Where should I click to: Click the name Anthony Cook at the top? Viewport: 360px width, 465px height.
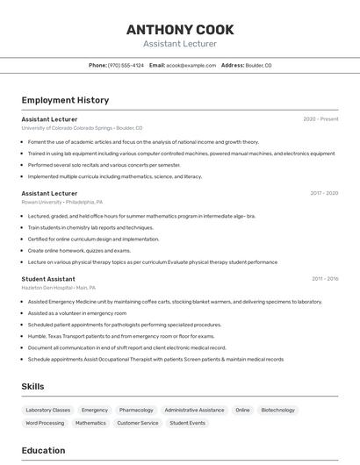(180, 29)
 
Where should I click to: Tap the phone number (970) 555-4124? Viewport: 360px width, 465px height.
(126, 65)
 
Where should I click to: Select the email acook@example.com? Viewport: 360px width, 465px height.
(191, 65)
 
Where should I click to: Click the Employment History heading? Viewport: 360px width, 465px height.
(65, 100)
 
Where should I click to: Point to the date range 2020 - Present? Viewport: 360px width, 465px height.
(320, 118)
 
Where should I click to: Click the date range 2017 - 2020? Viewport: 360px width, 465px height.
(323, 193)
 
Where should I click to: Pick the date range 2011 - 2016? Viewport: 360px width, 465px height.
(324, 279)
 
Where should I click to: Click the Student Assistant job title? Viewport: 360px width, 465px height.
(48, 279)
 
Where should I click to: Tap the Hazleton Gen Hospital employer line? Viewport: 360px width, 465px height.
(59, 288)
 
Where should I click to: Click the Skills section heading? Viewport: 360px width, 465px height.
(32, 386)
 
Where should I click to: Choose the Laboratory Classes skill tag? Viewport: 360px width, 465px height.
(47, 410)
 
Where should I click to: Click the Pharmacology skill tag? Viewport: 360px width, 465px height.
(136, 410)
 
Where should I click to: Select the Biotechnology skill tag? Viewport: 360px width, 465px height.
(277, 410)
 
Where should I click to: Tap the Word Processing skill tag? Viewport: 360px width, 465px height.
(45, 423)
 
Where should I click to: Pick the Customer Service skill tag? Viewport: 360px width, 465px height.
(137, 423)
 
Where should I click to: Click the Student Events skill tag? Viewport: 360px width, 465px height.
(187, 423)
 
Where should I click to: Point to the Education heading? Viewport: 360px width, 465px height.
(43, 451)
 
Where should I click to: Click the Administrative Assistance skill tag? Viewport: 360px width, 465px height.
(194, 410)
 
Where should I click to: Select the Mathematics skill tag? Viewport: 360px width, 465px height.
(90, 423)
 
